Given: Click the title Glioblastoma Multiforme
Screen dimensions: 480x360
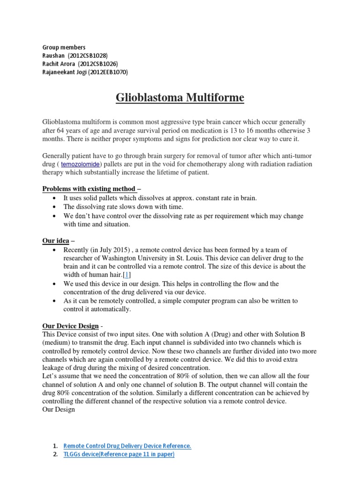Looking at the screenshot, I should [x=180, y=98].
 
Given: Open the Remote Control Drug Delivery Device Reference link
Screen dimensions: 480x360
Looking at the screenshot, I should [x=127, y=446].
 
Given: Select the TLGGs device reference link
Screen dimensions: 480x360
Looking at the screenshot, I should [x=119, y=454].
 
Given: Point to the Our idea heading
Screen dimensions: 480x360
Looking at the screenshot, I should [x=56, y=241].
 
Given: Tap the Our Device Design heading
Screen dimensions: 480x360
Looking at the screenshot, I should [x=70, y=326].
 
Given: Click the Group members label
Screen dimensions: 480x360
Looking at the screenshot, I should [x=64, y=47].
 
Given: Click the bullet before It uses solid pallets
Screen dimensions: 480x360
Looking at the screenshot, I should [x=55, y=199].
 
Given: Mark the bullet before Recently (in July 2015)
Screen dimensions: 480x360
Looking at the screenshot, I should [x=55, y=250].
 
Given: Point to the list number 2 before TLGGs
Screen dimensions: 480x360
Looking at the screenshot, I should [x=55, y=454].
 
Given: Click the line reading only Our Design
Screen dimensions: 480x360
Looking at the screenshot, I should [x=59, y=410].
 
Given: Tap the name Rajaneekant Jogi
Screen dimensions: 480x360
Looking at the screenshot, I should [x=61, y=72].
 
